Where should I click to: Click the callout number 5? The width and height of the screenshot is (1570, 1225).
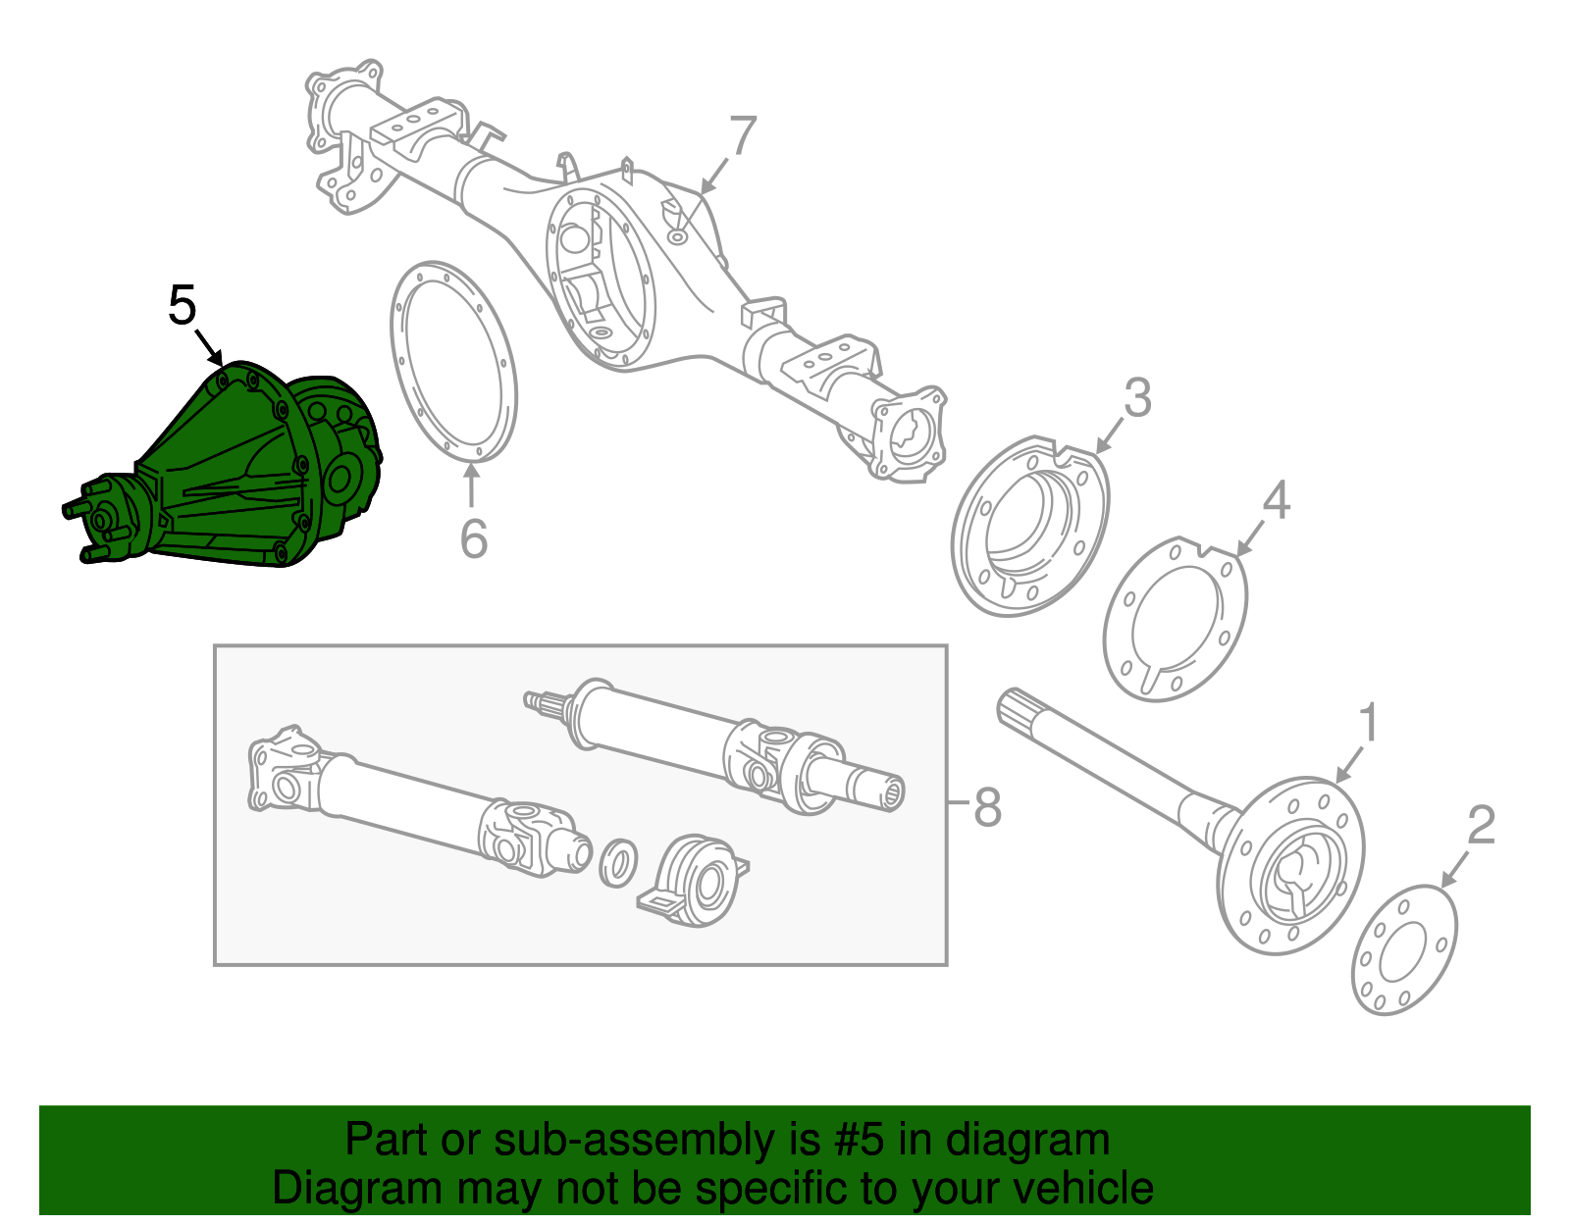coord(183,306)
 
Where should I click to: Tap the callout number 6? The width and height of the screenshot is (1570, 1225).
coord(474,539)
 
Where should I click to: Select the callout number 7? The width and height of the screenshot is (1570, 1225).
coord(743,136)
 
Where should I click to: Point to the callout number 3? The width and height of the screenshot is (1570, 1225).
coord(1136,398)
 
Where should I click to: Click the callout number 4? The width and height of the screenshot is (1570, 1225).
coord(1275,500)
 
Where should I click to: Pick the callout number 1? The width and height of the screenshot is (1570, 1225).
coord(1368,724)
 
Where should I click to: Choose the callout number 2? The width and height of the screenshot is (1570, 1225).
coord(1480,825)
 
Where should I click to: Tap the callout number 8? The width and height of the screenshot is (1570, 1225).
coord(987,808)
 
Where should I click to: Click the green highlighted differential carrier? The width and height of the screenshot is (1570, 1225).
coord(235,471)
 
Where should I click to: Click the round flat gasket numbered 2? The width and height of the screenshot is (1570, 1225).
coord(1404,949)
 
